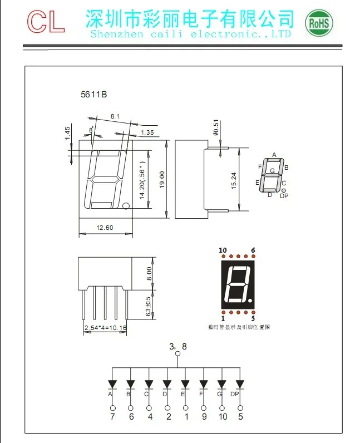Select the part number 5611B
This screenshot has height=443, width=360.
(x=93, y=95)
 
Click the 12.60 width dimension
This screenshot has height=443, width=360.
(x=105, y=228)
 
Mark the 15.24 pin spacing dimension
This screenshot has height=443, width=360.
(x=234, y=179)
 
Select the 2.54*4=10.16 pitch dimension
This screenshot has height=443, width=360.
(x=105, y=328)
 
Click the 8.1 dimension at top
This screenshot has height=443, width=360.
(x=115, y=116)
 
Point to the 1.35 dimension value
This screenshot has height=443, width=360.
(x=147, y=132)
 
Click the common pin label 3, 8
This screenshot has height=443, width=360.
(x=178, y=346)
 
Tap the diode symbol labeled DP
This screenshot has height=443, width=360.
(x=240, y=384)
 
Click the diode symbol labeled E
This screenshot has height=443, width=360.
(x=185, y=384)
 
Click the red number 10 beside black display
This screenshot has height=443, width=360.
(x=223, y=251)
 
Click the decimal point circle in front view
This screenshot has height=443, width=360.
(x=126, y=206)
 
